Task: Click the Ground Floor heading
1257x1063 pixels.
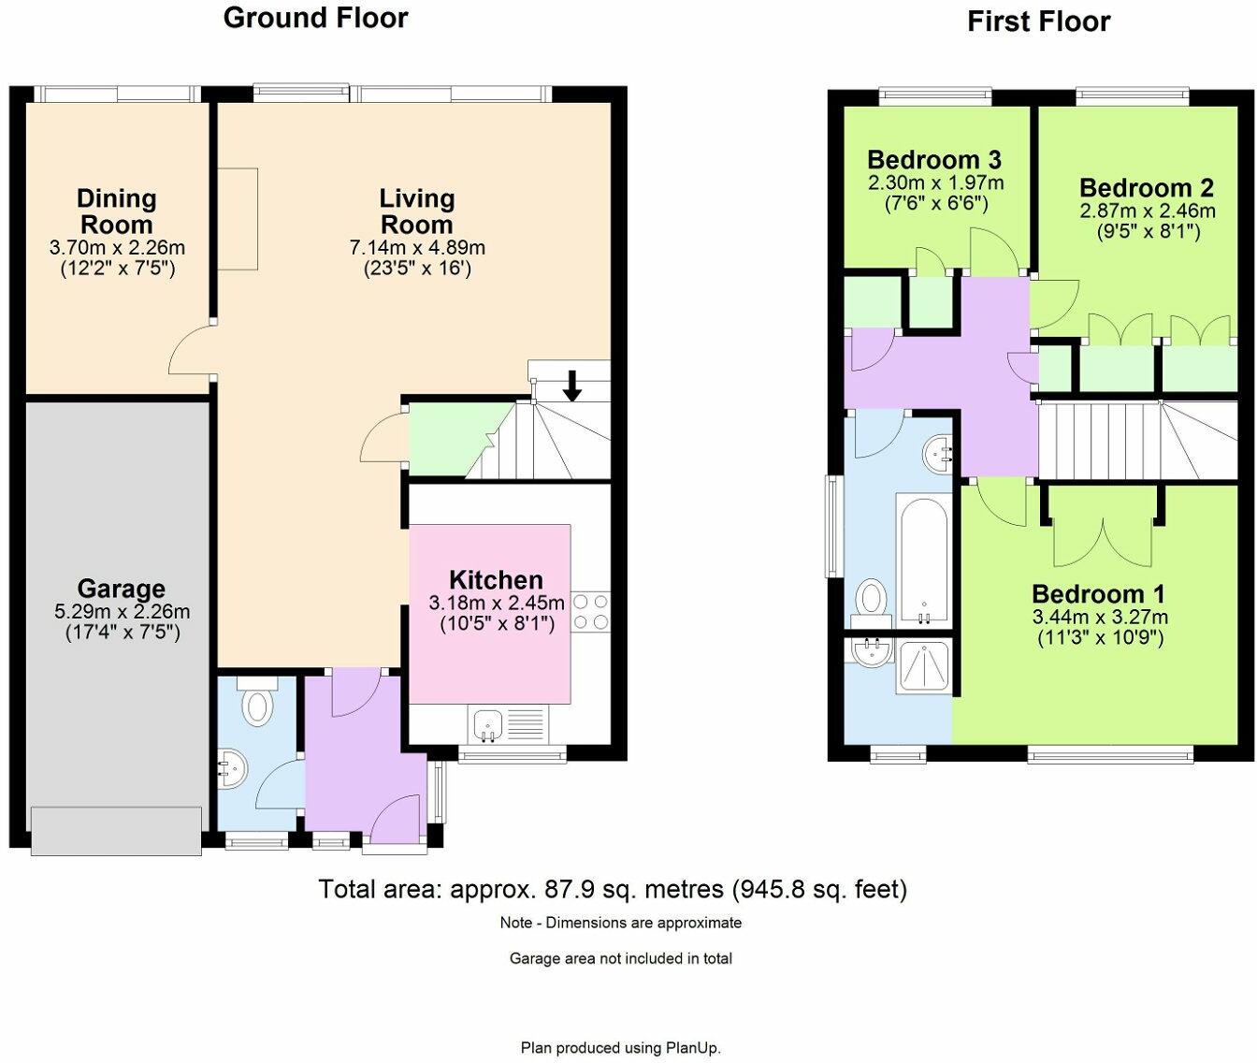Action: tap(315, 18)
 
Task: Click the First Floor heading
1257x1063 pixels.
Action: tap(1038, 22)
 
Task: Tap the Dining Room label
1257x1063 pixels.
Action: tap(116, 211)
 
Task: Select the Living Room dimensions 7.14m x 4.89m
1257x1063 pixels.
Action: tap(417, 248)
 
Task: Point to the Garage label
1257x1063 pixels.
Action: tap(121, 589)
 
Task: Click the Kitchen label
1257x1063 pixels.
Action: tap(496, 579)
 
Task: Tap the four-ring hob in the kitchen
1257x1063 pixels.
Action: tap(590, 611)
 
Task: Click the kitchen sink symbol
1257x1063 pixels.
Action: tap(487, 724)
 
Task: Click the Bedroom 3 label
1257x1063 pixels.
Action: tap(934, 159)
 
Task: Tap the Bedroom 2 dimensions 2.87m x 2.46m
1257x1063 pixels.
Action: tap(1148, 211)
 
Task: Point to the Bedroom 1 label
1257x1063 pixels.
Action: tap(1098, 594)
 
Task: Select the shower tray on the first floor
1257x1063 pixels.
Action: tap(923, 666)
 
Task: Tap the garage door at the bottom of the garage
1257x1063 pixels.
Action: tap(116, 830)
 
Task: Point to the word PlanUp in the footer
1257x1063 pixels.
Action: tap(693, 1048)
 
